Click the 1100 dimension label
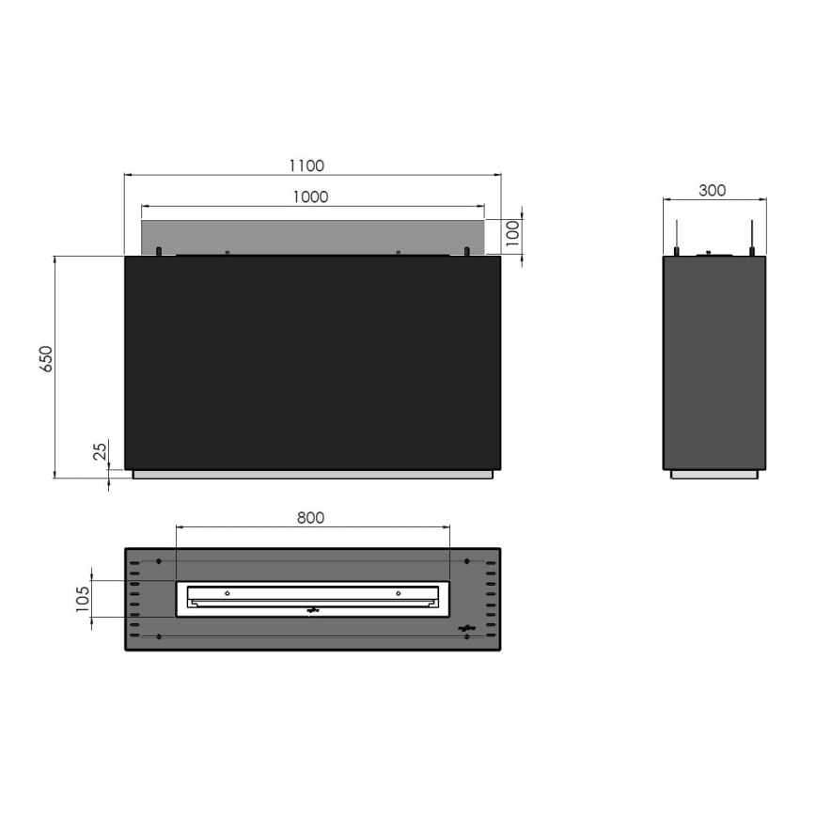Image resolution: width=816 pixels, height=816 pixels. pos(306,165)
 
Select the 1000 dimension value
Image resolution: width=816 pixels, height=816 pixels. pos(310,196)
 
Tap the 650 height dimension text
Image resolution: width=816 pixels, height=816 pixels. pos(47,360)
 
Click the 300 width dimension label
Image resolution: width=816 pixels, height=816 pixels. pos(713,190)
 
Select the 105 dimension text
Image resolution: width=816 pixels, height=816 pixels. pos(83,597)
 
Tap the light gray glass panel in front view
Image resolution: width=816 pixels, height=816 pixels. pos(313,235)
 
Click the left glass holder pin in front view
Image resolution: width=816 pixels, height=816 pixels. pos(159,251)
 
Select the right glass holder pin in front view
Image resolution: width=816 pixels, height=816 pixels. pos(466,251)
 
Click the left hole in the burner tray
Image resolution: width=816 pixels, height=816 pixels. pos(227,593)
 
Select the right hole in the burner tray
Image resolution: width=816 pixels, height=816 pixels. pos(399,593)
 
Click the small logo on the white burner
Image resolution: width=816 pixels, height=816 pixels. pos(314,611)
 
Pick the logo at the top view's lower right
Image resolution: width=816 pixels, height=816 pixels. pos(466,627)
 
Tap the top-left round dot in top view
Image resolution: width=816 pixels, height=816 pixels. pos(159,561)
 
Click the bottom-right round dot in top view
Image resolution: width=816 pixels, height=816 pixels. pos(467,637)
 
